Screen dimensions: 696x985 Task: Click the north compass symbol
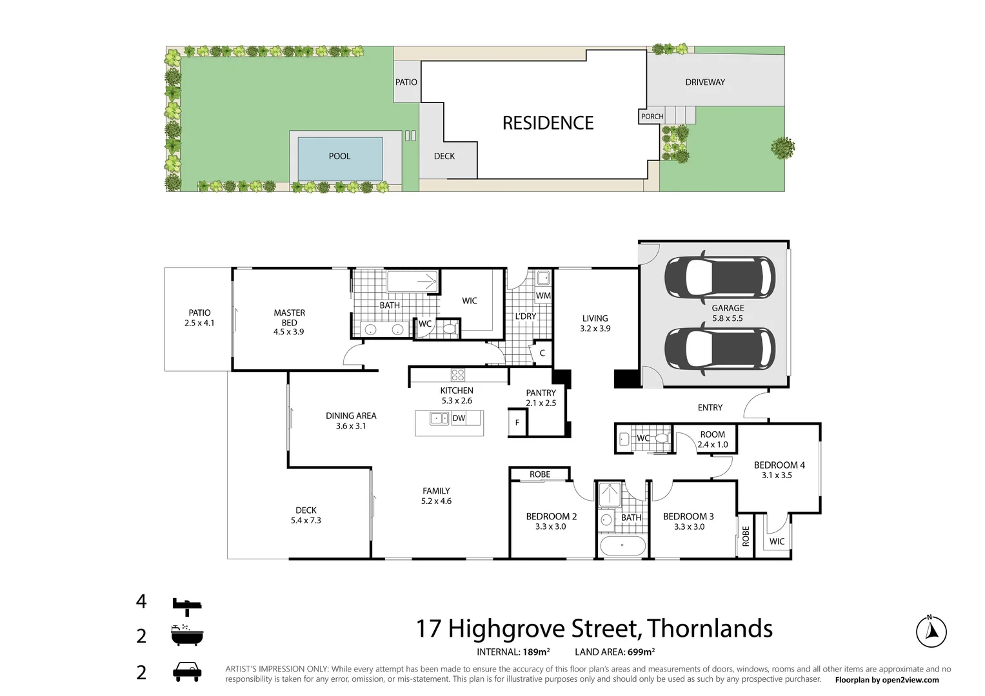point(931,631)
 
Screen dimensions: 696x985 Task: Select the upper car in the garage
point(719,279)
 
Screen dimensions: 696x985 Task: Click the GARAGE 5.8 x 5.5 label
point(728,313)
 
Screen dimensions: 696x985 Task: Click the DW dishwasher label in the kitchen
point(459,418)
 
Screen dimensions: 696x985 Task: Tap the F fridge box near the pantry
point(517,423)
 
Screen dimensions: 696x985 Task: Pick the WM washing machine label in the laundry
point(543,296)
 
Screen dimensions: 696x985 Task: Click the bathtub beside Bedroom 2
point(622,546)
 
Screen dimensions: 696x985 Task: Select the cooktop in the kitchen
point(457,374)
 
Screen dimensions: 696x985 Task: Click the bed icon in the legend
point(187,604)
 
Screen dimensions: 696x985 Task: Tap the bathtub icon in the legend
point(187,635)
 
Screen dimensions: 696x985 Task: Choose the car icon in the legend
point(187,672)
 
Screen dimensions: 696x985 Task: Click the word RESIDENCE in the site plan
point(548,123)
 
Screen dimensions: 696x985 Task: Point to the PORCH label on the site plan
point(652,117)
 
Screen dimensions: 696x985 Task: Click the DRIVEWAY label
point(705,82)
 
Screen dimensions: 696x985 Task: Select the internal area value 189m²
point(535,652)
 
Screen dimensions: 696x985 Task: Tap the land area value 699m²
point(641,652)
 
